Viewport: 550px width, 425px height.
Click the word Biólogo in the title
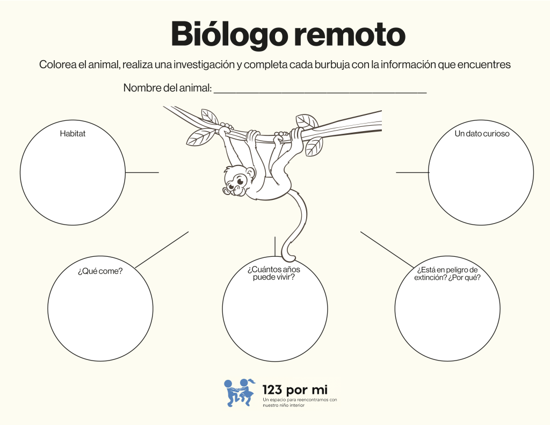(x=229, y=34)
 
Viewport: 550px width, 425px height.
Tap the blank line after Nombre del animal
(x=320, y=91)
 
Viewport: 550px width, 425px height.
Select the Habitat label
(x=73, y=134)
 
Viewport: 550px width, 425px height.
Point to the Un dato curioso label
(x=482, y=134)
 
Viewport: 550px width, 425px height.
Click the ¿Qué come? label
(x=100, y=271)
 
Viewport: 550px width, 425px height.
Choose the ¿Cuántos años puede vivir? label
(x=274, y=273)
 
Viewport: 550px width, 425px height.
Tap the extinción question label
(x=448, y=273)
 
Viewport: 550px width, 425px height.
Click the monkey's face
(x=235, y=183)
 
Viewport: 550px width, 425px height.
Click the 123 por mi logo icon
(x=240, y=392)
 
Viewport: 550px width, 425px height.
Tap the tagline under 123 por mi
(x=300, y=402)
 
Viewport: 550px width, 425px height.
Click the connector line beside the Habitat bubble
(x=142, y=172)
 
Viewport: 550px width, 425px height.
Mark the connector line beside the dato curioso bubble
(x=412, y=172)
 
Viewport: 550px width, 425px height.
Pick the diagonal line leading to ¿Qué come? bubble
(x=162, y=250)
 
